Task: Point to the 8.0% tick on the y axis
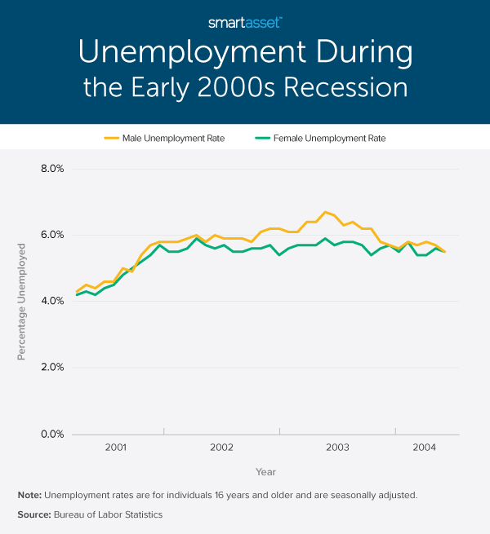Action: (51, 170)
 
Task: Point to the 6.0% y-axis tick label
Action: (51, 236)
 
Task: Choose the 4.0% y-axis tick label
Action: (51, 302)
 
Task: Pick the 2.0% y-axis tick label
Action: (51, 368)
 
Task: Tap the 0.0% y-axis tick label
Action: (51, 434)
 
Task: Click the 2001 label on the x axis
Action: (115, 448)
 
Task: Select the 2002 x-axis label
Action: (221, 448)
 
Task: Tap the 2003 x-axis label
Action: (337, 448)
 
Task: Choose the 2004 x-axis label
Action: (424, 448)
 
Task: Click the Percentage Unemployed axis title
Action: (22, 302)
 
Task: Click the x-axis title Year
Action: (265, 472)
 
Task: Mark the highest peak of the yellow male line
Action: (325, 212)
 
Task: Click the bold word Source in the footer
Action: (34, 514)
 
